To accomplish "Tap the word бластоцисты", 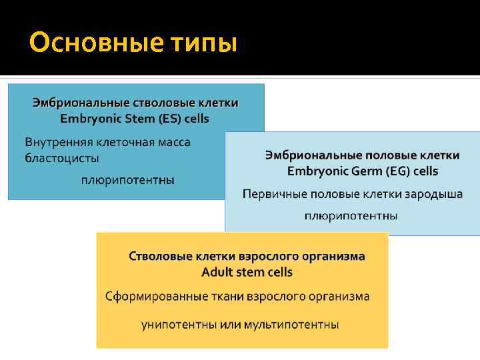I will click(62, 159).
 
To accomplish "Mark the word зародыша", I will click(437, 194).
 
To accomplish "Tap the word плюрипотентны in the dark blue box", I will click(128, 180).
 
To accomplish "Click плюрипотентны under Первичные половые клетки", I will click(351, 216).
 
